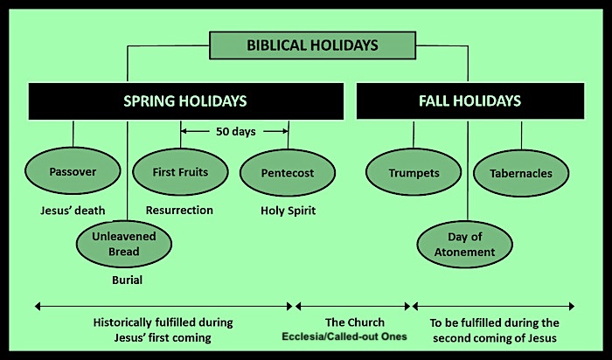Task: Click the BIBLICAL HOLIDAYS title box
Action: click(x=312, y=45)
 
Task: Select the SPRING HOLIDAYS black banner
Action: click(x=185, y=101)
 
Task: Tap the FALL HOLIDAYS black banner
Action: click(x=470, y=101)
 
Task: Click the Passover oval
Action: click(x=73, y=171)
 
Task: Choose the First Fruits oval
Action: click(x=180, y=172)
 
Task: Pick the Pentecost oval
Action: click(x=288, y=173)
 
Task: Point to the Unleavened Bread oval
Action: click(x=124, y=244)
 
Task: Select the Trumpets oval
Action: click(x=414, y=172)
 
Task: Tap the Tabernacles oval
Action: click(x=521, y=173)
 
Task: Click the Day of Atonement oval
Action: click(x=464, y=244)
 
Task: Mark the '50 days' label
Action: click(x=236, y=131)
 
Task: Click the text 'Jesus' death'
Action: click(x=73, y=211)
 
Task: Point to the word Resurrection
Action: click(x=179, y=211)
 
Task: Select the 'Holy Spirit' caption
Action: click(x=288, y=211)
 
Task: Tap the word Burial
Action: click(x=128, y=280)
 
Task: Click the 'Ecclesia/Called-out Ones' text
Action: click(x=344, y=336)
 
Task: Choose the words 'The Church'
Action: click(x=355, y=322)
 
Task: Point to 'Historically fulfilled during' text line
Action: click(x=163, y=322)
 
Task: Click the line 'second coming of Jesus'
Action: click(x=495, y=338)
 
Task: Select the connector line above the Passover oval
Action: click(x=73, y=134)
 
